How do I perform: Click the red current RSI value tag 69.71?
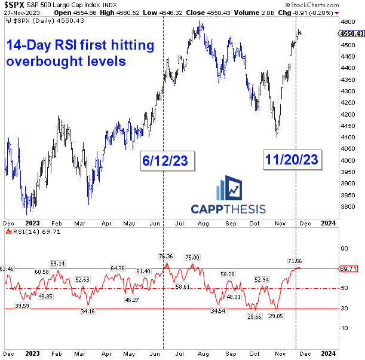349,269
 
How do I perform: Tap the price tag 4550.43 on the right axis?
349,33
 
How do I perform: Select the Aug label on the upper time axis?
204,221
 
